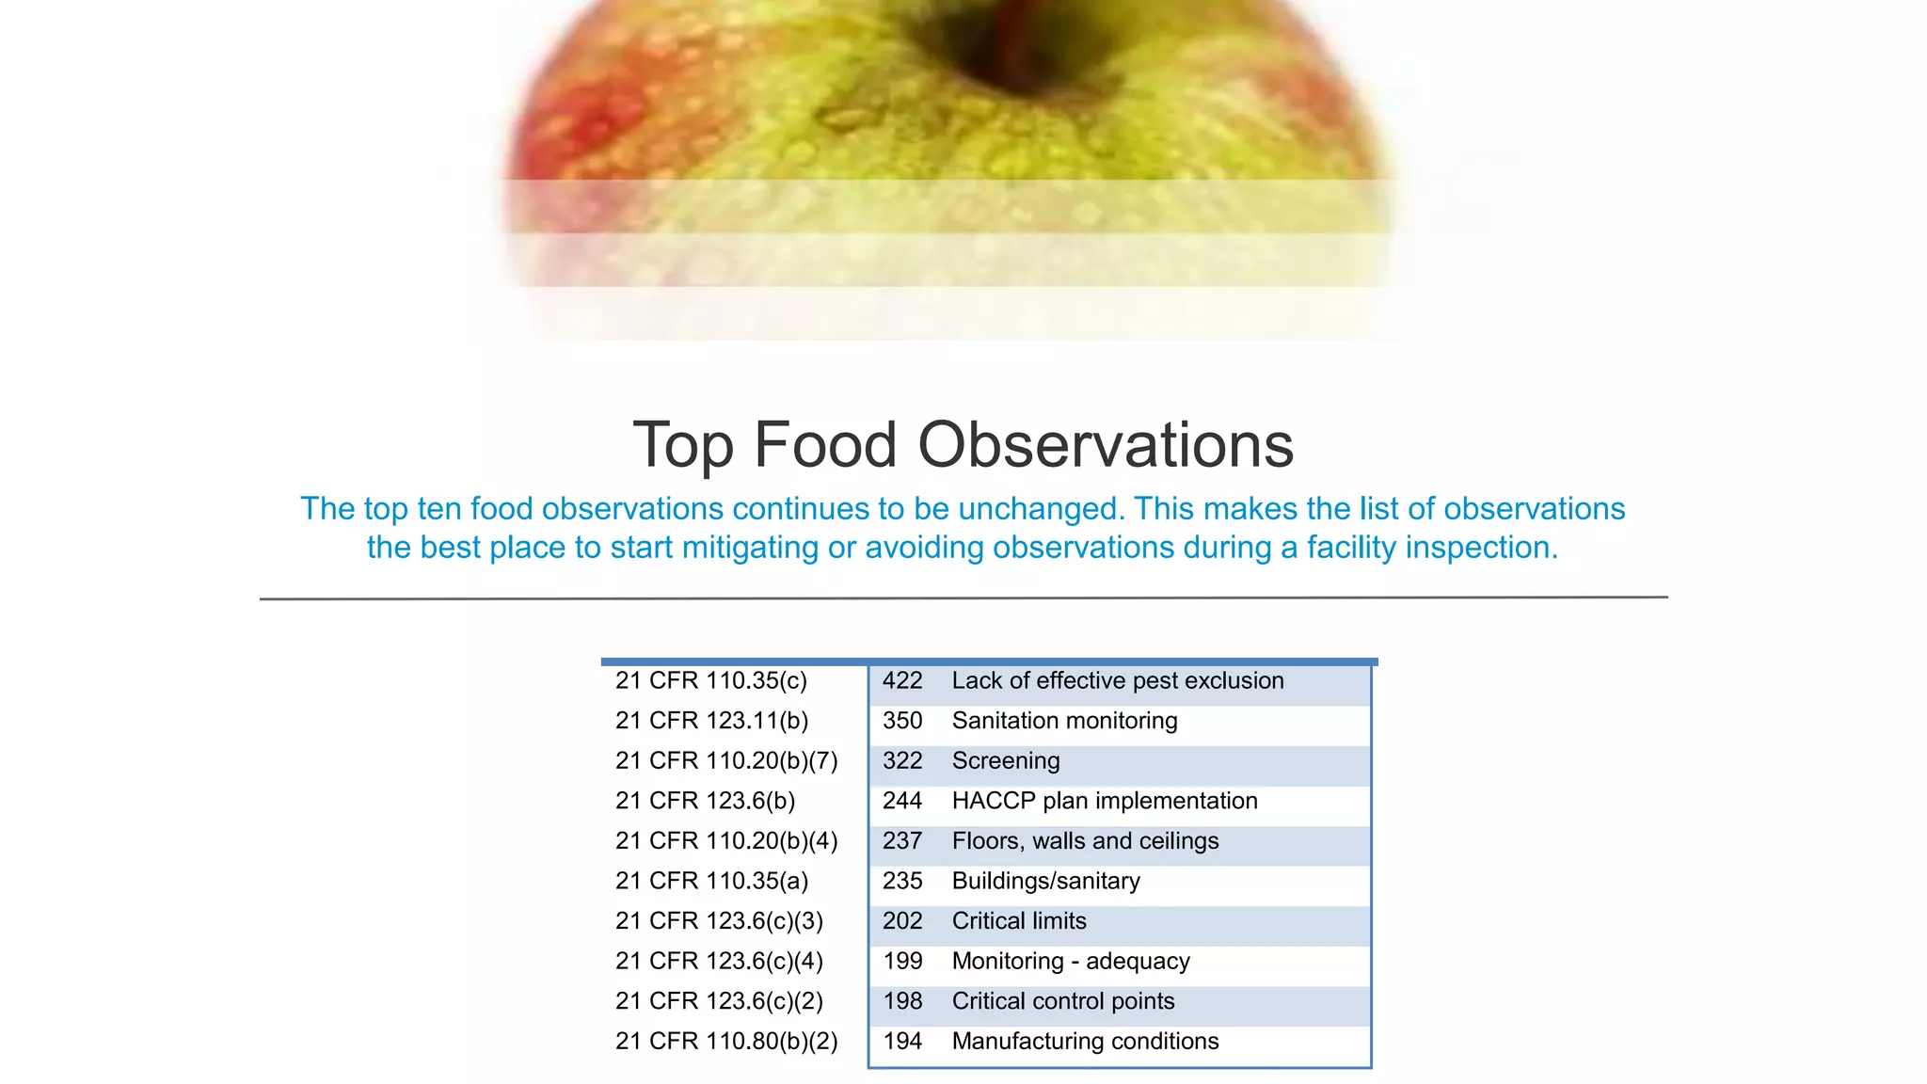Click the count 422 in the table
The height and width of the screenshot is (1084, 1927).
pyautogui.click(x=901, y=681)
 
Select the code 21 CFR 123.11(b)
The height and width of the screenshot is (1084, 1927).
pyautogui.click(x=711, y=721)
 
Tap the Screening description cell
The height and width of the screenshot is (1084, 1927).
pyautogui.click(x=1005, y=761)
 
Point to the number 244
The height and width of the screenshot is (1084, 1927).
pyautogui.click(x=901, y=801)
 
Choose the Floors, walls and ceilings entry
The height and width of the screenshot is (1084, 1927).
pyautogui.click(x=1085, y=841)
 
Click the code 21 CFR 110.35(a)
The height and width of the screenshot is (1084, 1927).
pyautogui.click(x=711, y=882)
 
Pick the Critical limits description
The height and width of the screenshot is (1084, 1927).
pyautogui.click(x=1018, y=921)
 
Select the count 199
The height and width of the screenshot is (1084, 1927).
pyautogui.click(x=901, y=962)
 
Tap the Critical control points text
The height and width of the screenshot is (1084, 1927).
pyautogui.click(x=1062, y=1001)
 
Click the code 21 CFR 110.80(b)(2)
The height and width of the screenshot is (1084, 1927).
pyautogui.click(x=725, y=1042)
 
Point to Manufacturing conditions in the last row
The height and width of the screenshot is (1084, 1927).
pyautogui.click(x=1085, y=1042)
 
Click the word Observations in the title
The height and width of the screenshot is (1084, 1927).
pyautogui.click(x=1105, y=445)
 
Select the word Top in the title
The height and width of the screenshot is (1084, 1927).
pyautogui.click(x=683, y=445)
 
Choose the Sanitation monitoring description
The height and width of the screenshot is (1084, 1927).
pyautogui.click(x=1064, y=721)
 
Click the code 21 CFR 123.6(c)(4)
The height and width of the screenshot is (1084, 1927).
pyautogui.click(x=719, y=962)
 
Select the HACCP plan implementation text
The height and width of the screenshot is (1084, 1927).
pyautogui.click(x=1104, y=801)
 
